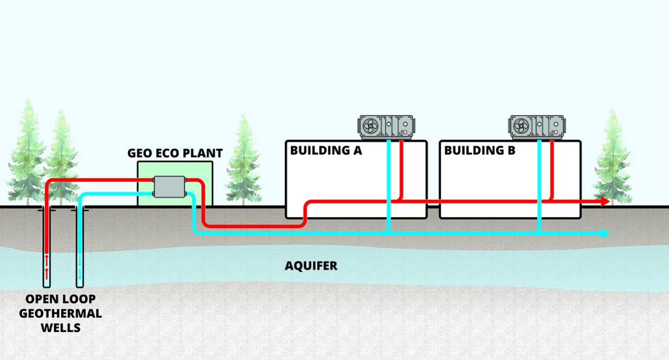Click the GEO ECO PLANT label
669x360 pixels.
(175, 154)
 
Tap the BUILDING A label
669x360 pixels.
(326, 150)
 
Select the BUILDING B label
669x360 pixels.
(480, 150)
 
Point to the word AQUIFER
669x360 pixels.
(311, 266)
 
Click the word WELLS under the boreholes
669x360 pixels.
(60, 328)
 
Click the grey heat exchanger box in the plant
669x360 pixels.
(169, 187)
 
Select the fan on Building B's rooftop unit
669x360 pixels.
(521, 126)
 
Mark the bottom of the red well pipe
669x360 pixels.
(47, 282)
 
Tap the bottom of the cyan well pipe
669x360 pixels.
(79, 282)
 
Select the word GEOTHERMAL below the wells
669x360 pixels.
(60, 313)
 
